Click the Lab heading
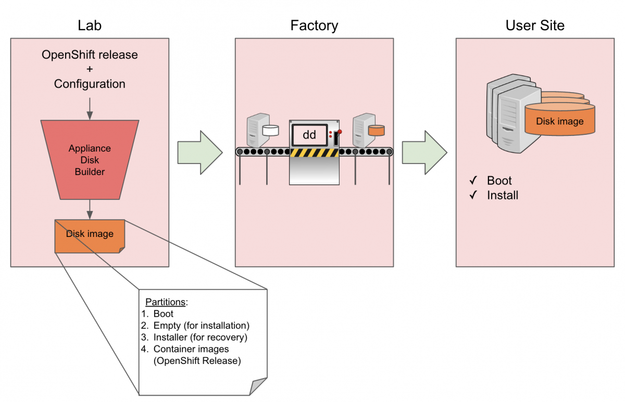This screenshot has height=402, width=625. (x=90, y=26)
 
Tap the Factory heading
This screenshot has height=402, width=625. (x=314, y=26)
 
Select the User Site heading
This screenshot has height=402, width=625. (x=535, y=26)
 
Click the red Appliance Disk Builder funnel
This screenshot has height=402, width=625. (x=90, y=159)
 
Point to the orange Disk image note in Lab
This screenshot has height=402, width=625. (x=90, y=235)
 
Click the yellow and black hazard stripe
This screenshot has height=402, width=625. (x=314, y=153)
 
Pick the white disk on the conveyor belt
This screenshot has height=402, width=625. (x=270, y=130)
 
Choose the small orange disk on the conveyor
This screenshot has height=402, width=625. (x=376, y=130)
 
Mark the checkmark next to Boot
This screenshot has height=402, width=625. (x=473, y=181)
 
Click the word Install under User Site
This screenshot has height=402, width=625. (x=503, y=196)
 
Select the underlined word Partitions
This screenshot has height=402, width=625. (x=165, y=303)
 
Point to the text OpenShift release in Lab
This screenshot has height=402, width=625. (x=90, y=55)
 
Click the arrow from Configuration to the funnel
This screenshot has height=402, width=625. (x=90, y=107)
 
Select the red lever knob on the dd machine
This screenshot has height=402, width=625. (x=340, y=131)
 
